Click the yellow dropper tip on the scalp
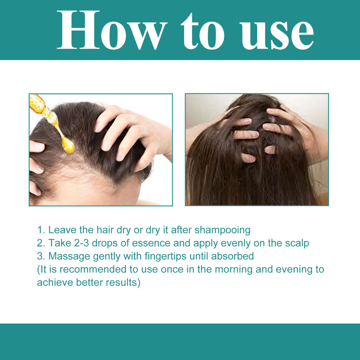click(67, 144)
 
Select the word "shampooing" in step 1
click(223, 230)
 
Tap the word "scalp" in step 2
click(295, 243)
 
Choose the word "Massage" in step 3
click(69, 256)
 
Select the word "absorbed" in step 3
click(233, 256)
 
